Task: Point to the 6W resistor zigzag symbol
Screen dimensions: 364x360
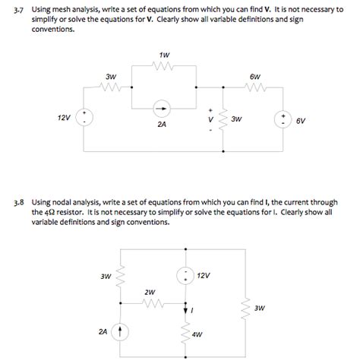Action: coord(254,87)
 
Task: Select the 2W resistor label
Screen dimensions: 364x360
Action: coord(150,291)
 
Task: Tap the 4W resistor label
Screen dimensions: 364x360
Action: coord(197,334)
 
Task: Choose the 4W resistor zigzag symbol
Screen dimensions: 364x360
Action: coord(185,332)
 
